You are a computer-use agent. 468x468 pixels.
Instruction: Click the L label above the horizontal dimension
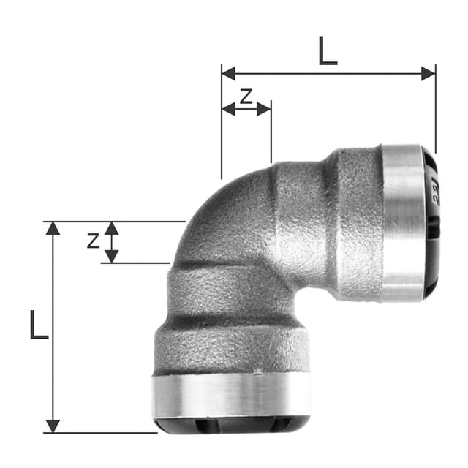pyautogui.click(x=328, y=51)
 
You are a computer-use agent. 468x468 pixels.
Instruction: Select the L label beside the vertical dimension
pyautogui.click(x=38, y=325)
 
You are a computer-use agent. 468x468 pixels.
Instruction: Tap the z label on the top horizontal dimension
pyautogui.click(x=246, y=95)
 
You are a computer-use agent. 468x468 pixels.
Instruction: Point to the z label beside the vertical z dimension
pyautogui.click(x=93, y=240)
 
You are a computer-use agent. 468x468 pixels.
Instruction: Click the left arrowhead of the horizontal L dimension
pyautogui.click(x=227, y=73)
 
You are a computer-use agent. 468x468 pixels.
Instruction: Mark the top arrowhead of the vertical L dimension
pyautogui.click(x=53, y=227)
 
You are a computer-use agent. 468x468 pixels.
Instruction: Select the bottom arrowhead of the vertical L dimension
pyautogui.click(x=53, y=426)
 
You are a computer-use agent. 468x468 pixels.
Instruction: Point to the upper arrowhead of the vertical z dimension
pyautogui.click(x=111, y=227)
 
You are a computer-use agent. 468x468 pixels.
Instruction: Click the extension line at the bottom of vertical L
pyautogui.click(x=102, y=432)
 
